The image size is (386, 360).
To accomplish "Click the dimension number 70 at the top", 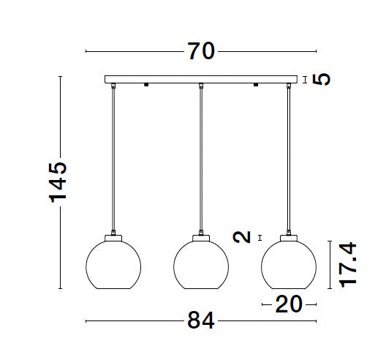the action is coord(201,51).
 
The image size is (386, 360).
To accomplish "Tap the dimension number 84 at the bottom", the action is coord(201,320).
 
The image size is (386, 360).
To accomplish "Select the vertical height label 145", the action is coord(58,182).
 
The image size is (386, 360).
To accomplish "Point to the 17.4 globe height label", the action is coord(348,265).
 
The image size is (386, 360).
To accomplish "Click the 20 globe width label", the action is coord(289,304).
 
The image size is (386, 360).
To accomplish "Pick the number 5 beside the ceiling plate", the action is coord(322,79).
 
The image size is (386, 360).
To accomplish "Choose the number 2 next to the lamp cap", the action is coord(242,237).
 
